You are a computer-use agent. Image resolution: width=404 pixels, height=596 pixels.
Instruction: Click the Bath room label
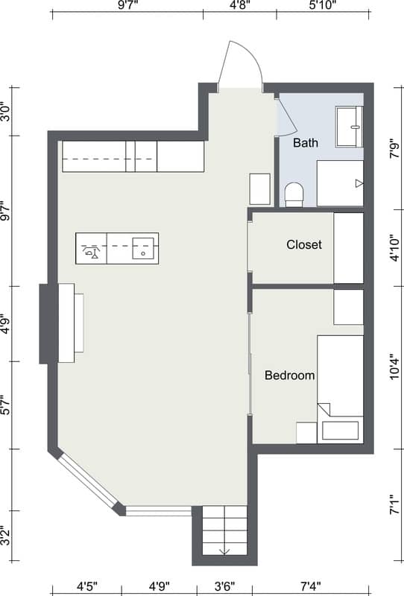click(306, 143)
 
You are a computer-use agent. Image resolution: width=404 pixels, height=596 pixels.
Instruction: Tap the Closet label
click(304, 244)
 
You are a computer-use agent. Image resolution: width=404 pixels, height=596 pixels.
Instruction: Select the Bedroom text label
click(289, 375)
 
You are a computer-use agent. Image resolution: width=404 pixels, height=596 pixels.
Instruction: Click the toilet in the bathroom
click(294, 194)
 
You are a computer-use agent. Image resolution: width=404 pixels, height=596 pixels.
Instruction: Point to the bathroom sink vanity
click(350, 127)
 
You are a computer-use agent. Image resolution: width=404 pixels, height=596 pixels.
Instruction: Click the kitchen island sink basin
click(143, 249)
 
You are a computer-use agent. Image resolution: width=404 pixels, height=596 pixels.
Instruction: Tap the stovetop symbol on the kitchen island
click(91, 252)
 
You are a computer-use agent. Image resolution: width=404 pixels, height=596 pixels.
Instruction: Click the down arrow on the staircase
click(224, 550)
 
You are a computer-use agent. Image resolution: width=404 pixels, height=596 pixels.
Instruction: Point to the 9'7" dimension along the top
click(127, 5)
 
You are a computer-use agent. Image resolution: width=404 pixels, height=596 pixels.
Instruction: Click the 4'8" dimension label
click(240, 5)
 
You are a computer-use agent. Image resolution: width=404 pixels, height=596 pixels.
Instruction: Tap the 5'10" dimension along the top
click(323, 5)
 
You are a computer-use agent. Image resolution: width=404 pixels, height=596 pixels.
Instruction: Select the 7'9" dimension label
click(396, 150)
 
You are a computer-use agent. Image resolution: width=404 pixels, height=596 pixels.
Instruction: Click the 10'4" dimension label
click(396, 367)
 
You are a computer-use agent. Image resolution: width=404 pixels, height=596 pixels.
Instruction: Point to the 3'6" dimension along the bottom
click(225, 586)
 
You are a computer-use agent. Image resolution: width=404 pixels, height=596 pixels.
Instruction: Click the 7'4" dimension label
click(310, 586)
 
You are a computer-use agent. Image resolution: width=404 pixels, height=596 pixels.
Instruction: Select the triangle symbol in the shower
click(359, 183)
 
